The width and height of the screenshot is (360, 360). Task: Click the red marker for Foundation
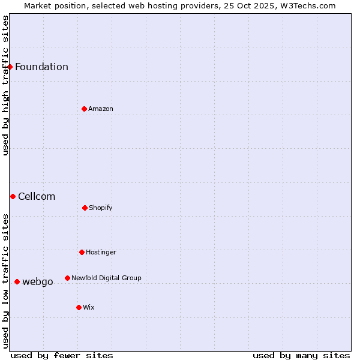[10, 67]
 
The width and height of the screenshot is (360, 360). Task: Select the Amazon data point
[84, 109]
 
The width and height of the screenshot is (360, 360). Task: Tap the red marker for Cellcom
[13, 196]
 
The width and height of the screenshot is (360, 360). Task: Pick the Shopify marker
[85, 208]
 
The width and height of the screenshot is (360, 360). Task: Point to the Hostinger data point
[82, 252]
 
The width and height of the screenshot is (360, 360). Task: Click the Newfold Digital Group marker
[67, 278]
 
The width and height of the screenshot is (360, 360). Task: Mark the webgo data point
[17, 281]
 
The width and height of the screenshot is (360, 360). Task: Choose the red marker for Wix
[79, 307]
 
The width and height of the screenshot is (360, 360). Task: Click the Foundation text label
[41, 67]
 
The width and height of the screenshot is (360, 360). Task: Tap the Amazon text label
[101, 109]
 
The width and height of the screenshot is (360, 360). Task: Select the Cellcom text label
[37, 196]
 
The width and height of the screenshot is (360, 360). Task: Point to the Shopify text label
[101, 208]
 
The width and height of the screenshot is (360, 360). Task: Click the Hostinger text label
[101, 252]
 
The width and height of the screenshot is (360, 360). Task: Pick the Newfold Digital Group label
[106, 278]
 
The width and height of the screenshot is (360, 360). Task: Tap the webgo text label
[38, 281]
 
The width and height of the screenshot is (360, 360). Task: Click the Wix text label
[89, 307]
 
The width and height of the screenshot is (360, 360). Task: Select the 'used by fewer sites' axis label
[62, 355]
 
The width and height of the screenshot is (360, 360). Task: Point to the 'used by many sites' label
[301, 355]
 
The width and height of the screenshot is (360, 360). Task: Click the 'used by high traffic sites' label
[5, 85]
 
